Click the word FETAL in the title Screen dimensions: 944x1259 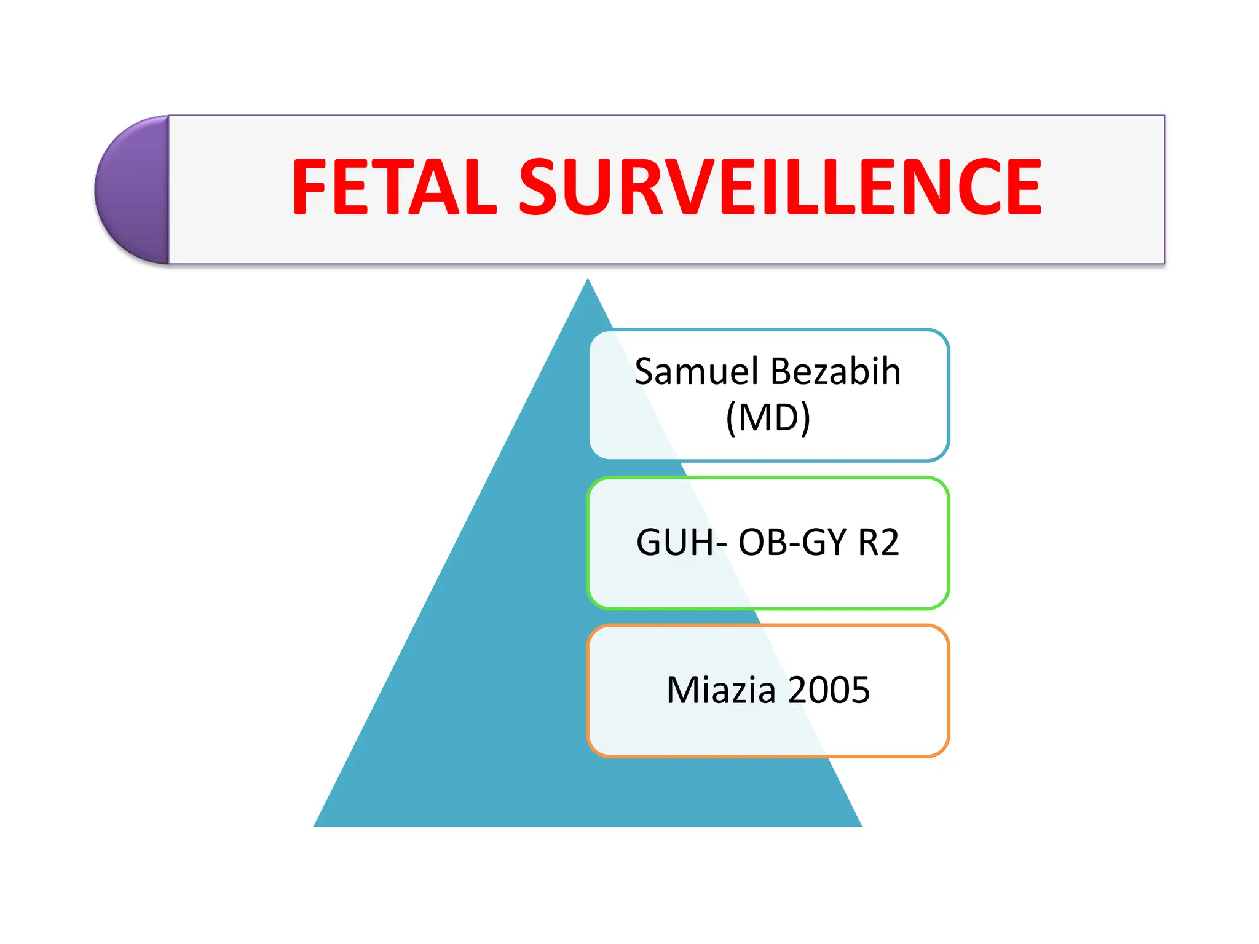[x=393, y=187]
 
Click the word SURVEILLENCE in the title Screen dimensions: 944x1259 [x=781, y=187]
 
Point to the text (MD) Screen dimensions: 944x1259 [x=768, y=418]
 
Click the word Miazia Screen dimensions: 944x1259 [x=720, y=690]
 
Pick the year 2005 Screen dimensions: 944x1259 [x=829, y=690]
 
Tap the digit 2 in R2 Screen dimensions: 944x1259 [x=889, y=543]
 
